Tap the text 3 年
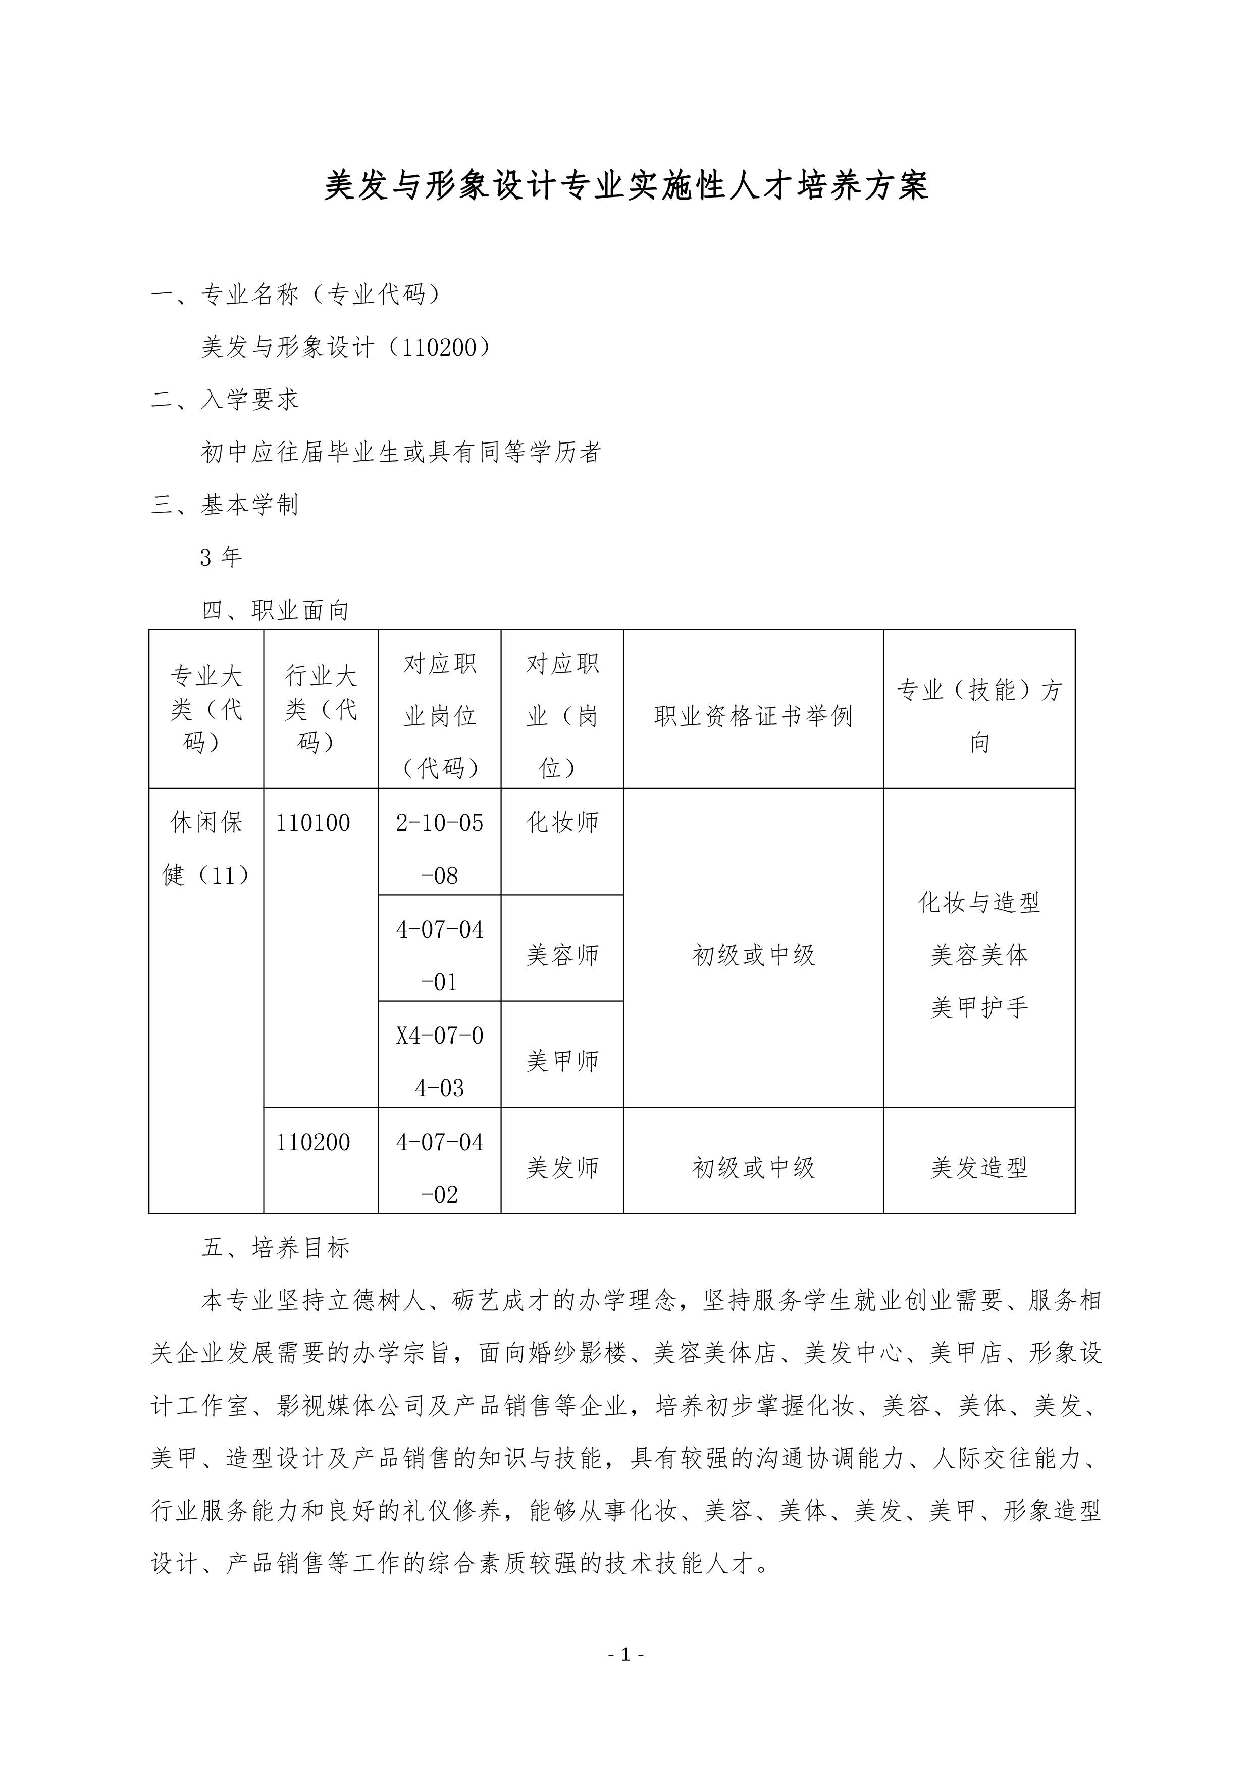(221, 557)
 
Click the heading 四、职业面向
(276, 611)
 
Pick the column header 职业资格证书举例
(753, 716)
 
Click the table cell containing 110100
(313, 823)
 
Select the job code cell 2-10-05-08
(440, 849)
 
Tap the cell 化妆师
(562, 823)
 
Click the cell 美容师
(562, 956)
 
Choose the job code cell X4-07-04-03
(440, 1061)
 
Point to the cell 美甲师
(562, 1062)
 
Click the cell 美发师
(562, 1168)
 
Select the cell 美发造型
(979, 1168)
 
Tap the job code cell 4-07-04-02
(440, 1168)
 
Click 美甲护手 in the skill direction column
(979, 1008)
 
